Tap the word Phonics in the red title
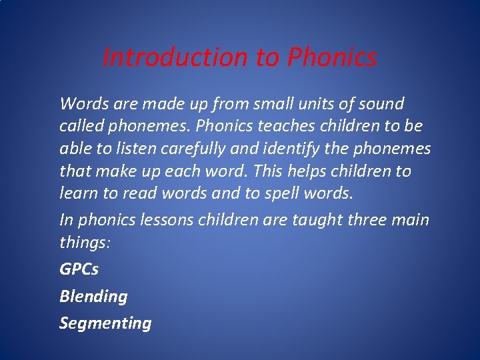[331, 57]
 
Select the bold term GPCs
[79, 269]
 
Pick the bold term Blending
[93, 296]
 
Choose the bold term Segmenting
[105, 323]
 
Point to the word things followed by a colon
[85, 242]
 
